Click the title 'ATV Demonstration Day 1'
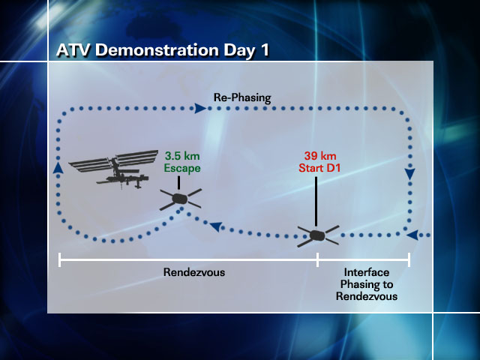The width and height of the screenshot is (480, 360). coord(163,50)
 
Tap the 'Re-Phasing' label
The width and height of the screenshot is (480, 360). coord(242,97)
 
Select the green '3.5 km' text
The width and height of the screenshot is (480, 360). coord(182,156)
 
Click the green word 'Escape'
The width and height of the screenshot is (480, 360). coord(182,168)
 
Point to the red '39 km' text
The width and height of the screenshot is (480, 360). coord(320,156)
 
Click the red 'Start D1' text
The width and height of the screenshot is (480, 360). coord(319,168)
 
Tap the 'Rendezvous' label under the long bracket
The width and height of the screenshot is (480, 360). coord(194,272)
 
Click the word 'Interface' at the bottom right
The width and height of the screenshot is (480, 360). coord(367,272)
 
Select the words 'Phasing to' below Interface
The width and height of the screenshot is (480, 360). coord(367,284)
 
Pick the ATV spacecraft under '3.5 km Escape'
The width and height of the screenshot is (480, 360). coord(180,199)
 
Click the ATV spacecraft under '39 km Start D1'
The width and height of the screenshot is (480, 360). coord(318,235)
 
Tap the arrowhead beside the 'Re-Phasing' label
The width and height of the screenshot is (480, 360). coord(201,108)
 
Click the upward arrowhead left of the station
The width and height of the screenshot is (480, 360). coord(58,168)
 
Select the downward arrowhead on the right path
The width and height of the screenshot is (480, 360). coord(410,174)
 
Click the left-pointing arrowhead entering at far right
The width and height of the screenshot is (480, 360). coord(412,235)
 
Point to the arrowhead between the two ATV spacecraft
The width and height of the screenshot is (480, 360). coord(216,226)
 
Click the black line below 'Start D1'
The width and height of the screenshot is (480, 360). coord(316,202)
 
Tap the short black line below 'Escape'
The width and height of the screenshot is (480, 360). coord(178,183)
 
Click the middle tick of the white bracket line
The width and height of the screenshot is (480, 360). coord(318,260)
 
